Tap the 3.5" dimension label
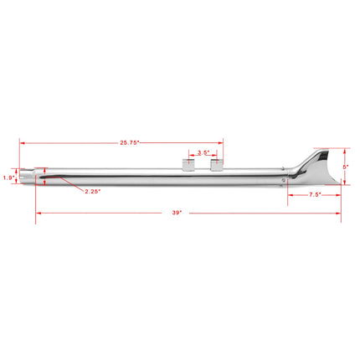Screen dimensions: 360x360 pyautogui.click(x=203, y=153)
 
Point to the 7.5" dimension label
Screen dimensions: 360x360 pyautogui.click(x=314, y=195)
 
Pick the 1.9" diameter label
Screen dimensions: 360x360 pyautogui.click(x=9, y=177)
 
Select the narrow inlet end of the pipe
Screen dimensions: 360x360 pyautogui.click(x=31, y=177)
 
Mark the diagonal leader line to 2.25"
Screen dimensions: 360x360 pyautogui.click(x=71, y=184)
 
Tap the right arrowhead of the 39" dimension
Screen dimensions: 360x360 pyautogui.click(x=341, y=213)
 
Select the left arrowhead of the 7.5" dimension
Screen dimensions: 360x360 pyautogui.click(x=290, y=195)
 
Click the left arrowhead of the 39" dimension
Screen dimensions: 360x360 pyautogui.click(x=36, y=213)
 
